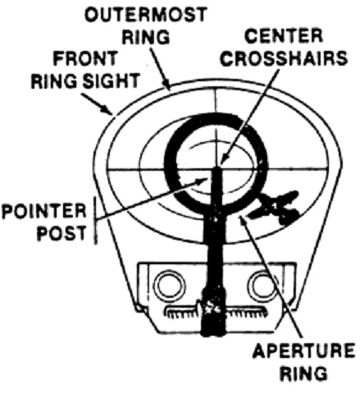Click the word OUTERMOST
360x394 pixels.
(145, 14)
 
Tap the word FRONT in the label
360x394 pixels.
(85, 58)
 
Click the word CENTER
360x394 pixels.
(284, 36)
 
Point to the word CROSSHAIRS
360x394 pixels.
(284, 57)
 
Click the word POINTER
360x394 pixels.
(44, 211)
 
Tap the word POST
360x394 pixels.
(62, 233)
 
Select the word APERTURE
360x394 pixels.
(303, 350)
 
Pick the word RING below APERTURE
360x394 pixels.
(303, 373)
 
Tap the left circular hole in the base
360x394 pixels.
(170, 285)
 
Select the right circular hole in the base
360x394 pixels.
(264, 285)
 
